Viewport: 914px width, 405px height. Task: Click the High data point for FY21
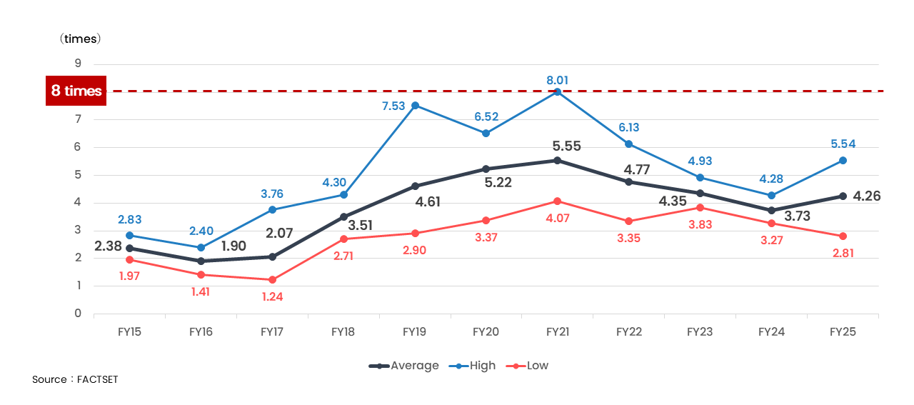[558, 91]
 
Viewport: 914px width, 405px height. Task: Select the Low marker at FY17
[272, 280]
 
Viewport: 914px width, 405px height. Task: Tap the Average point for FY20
[486, 169]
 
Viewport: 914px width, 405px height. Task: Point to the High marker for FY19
[415, 106]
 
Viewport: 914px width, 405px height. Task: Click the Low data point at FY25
[843, 236]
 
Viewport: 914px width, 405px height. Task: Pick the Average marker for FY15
[129, 249]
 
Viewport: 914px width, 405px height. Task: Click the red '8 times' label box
[76, 91]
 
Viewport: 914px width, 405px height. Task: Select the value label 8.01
[558, 80]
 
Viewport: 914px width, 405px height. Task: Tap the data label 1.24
[272, 296]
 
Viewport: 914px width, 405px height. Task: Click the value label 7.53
[393, 106]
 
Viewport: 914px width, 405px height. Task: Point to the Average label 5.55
[567, 146]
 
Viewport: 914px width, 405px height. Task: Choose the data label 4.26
[867, 196]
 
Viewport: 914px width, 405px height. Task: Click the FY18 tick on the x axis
[343, 331]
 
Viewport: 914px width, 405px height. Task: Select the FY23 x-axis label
[700, 331]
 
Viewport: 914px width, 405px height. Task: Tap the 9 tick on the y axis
[77, 64]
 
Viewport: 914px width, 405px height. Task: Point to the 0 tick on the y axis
[77, 314]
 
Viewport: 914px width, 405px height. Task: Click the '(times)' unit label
[80, 39]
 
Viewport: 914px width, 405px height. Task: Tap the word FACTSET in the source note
[97, 379]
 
